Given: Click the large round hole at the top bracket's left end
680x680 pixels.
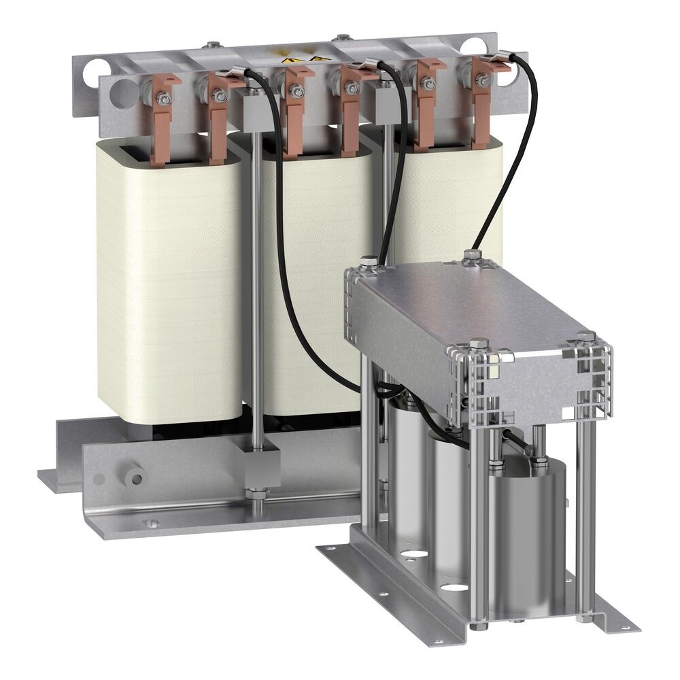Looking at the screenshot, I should click(x=122, y=90).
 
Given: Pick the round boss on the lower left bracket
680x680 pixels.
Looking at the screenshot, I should click(x=135, y=477).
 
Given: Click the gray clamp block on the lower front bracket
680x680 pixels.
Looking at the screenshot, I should click(x=258, y=462).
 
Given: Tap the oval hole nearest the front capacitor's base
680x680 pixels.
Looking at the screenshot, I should click(x=454, y=586).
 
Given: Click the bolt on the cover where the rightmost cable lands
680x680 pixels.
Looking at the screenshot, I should click(x=472, y=255).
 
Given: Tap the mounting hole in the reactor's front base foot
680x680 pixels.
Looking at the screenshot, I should click(x=151, y=524).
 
